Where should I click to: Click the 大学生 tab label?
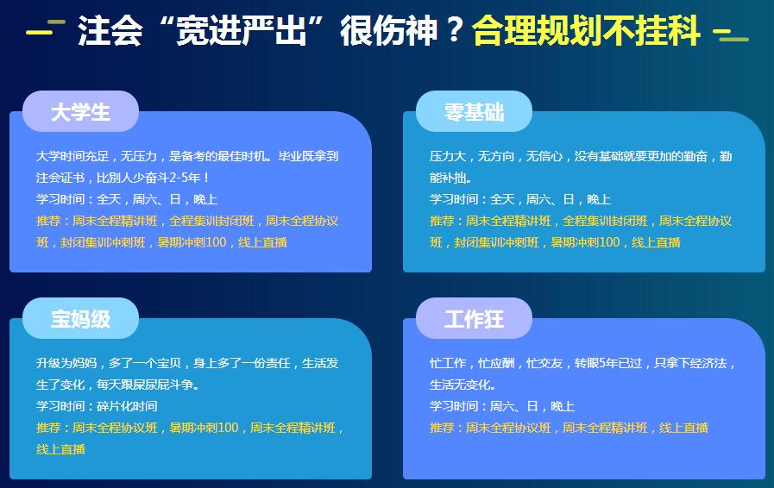[x=80, y=112]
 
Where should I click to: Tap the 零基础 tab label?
[x=474, y=112]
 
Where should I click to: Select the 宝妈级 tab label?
[x=80, y=319]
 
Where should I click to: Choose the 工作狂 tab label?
[x=474, y=319]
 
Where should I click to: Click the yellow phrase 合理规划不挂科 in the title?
[x=587, y=30]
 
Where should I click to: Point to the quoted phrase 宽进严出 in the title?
[x=242, y=30]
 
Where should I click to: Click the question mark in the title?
[x=454, y=30]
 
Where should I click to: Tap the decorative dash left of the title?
[x=46, y=28]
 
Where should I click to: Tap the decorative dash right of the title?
[x=731, y=34]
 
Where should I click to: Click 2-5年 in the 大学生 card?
[x=186, y=178]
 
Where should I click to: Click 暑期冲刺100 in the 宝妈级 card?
[x=204, y=428]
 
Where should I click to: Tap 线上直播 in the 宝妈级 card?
[x=60, y=449]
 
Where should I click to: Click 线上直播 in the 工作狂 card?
[x=683, y=428]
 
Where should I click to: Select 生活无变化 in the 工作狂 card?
[x=460, y=385]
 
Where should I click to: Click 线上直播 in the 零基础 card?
[x=656, y=242]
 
